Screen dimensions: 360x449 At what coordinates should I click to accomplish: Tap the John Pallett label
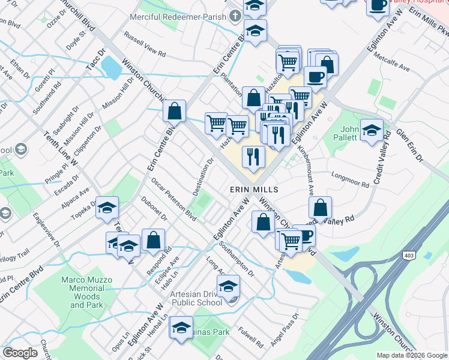[x=349, y=133]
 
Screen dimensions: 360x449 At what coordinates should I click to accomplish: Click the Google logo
[x=20, y=353]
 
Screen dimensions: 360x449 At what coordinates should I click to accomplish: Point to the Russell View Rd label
[x=144, y=44]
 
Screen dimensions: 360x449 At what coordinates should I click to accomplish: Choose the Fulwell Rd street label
[x=250, y=337]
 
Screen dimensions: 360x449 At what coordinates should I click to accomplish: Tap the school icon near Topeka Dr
[x=107, y=208]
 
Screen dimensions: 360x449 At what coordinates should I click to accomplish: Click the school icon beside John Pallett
[x=372, y=129]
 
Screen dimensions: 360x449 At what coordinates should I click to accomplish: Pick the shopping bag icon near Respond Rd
[x=154, y=239]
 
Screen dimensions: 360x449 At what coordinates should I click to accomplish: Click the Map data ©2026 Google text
[x=411, y=355]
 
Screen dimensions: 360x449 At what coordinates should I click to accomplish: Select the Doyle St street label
[x=76, y=41]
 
